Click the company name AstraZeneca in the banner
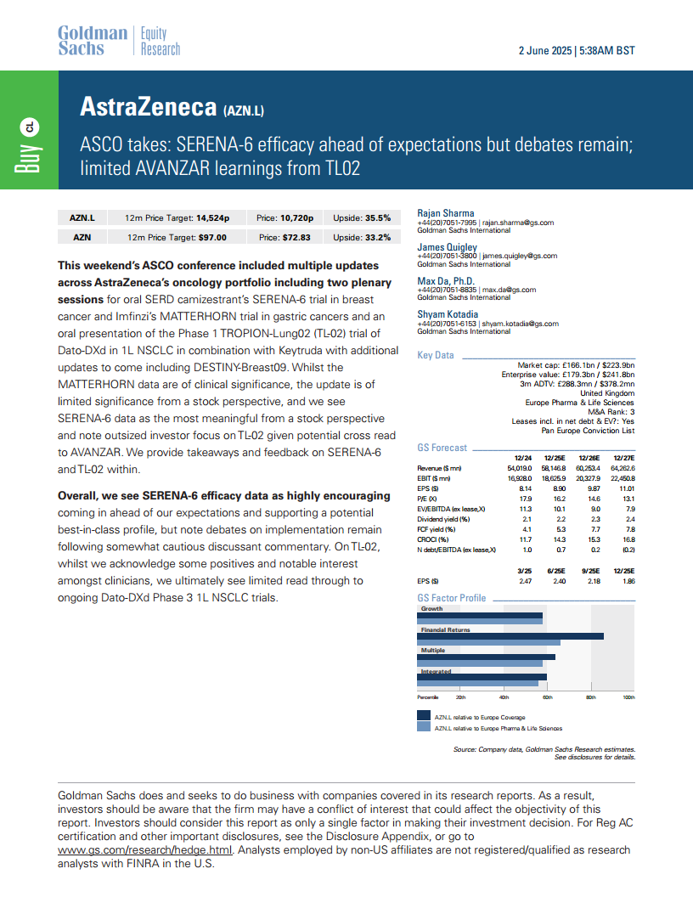coord(148,106)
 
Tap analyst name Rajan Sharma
coord(446,213)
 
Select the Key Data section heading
coord(435,355)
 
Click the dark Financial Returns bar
coord(510,635)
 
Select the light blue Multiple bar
coord(480,663)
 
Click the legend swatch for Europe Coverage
coord(423,717)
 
